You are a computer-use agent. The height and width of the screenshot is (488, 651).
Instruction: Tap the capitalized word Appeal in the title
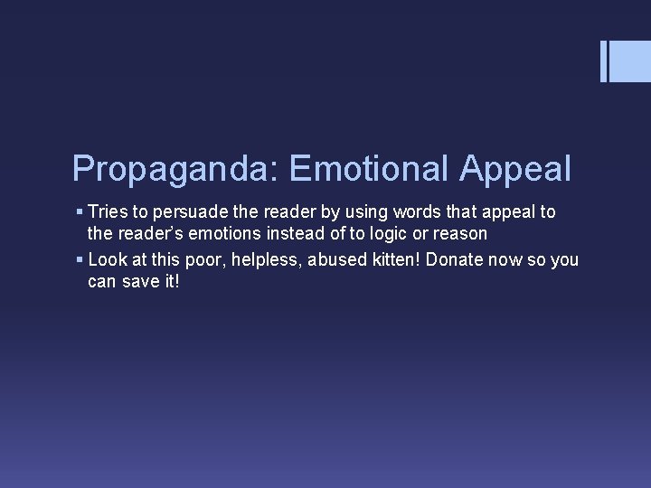(515, 169)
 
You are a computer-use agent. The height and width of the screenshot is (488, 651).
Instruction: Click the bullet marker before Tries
(80, 211)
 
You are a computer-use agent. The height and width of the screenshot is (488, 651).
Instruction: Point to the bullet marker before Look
(80, 260)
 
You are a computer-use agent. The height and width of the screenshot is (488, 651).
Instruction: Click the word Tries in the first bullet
(108, 211)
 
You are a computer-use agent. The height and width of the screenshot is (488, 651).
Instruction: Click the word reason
(460, 234)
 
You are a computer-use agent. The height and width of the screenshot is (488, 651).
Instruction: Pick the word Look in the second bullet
(108, 260)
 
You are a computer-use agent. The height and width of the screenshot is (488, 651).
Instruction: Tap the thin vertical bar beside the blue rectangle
(604, 61)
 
